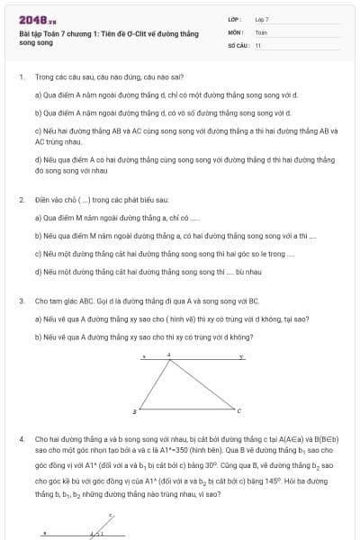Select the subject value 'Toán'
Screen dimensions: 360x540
(x=261, y=31)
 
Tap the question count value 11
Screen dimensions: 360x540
(x=258, y=44)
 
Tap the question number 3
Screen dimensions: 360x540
(x=21, y=301)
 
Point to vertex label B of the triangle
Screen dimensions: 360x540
(x=135, y=411)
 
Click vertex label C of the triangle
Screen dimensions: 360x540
(x=238, y=411)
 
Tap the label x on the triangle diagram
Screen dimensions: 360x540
(x=144, y=356)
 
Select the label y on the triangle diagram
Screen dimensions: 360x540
(x=240, y=356)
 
